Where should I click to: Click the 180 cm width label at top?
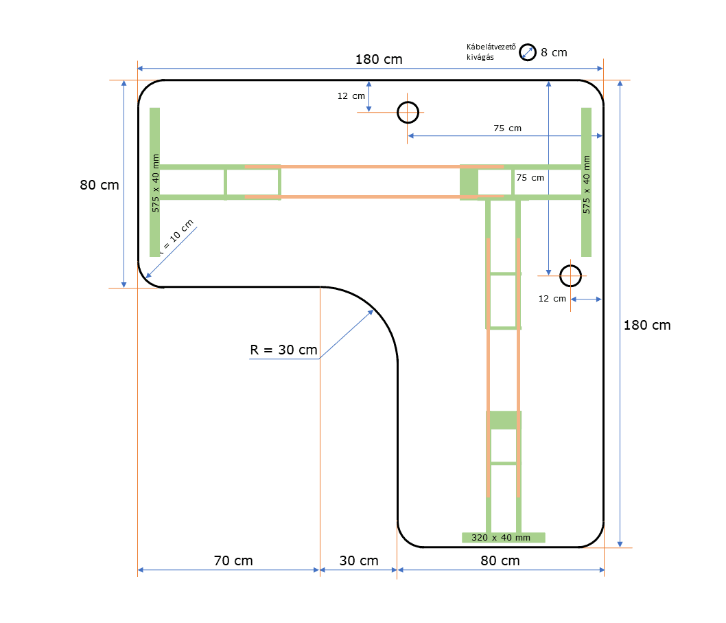pyautogui.click(x=378, y=59)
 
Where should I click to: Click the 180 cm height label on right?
pyautogui.click(x=646, y=326)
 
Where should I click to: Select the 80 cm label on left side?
pyautogui.click(x=99, y=185)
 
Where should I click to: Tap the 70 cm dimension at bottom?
pyautogui.click(x=233, y=560)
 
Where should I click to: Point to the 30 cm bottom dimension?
pyautogui.click(x=359, y=560)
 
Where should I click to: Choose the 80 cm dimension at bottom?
pyautogui.click(x=500, y=560)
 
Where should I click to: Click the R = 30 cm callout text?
pyautogui.click(x=283, y=350)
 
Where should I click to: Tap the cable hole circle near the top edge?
pyautogui.click(x=408, y=112)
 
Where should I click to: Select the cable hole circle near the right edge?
pyautogui.click(x=570, y=275)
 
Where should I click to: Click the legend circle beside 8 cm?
pyautogui.click(x=527, y=52)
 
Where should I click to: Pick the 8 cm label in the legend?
pyautogui.click(x=554, y=52)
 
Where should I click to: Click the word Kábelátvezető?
pyautogui.click(x=491, y=47)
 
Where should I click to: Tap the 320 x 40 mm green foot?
pyautogui.click(x=504, y=537)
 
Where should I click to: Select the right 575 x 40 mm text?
pyautogui.click(x=587, y=184)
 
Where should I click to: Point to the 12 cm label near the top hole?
pyautogui.click(x=351, y=96)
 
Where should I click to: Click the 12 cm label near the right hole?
pyautogui.click(x=552, y=299)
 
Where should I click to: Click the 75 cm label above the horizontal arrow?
pyautogui.click(x=507, y=128)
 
